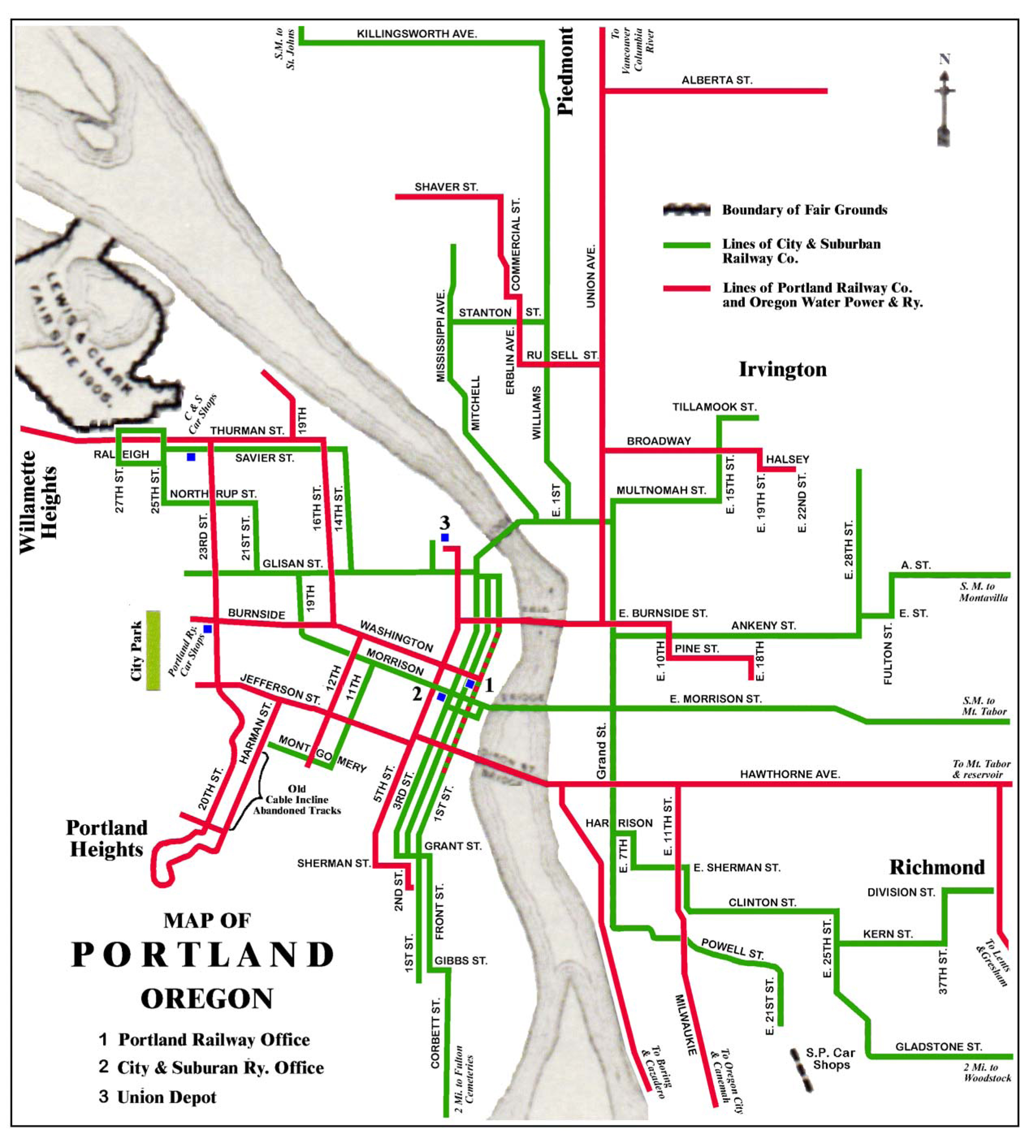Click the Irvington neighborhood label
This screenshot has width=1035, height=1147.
point(782,370)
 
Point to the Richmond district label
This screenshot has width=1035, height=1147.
point(937,867)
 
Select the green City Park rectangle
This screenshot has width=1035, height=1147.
point(153,650)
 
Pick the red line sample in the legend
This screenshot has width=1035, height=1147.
point(686,288)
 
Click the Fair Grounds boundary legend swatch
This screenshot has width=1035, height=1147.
point(686,210)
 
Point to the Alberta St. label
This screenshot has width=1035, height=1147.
point(716,80)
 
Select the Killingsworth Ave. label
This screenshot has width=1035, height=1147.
point(416,34)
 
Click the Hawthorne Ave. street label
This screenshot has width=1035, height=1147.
point(790,774)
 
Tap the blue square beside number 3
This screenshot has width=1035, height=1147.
point(445,538)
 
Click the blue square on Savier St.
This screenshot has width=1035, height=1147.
point(191,457)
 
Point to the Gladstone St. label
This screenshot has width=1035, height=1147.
point(938,1046)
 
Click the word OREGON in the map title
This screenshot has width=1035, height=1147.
point(207,998)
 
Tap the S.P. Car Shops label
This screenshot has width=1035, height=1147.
point(830,1059)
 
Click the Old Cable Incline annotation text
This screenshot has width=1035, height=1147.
point(297,799)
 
